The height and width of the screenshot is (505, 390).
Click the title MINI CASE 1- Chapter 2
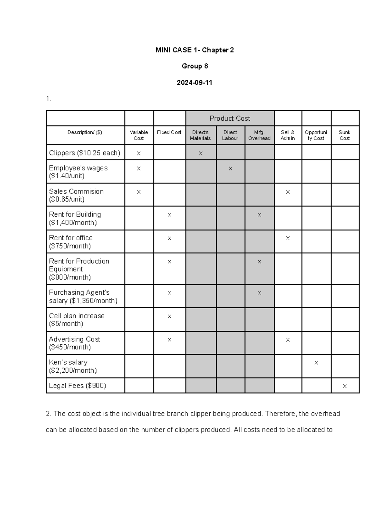click(x=194, y=50)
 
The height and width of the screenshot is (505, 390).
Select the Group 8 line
click(x=195, y=66)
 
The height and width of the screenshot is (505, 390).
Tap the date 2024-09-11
click(x=194, y=83)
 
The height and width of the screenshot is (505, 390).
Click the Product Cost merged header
click(x=230, y=118)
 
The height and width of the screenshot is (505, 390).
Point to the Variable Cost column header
click(x=139, y=135)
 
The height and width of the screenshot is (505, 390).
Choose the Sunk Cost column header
click(x=344, y=135)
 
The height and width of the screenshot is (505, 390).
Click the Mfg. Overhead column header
click(x=259, y=135)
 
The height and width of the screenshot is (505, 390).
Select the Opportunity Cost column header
click(x=316, y=135)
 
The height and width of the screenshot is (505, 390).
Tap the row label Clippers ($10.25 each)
click(x=84, y=153)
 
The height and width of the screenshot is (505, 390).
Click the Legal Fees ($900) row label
click(x=77, y=386)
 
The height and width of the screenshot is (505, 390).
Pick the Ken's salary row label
click(x=73, y=366)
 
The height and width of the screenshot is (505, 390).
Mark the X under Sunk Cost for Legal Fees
click(x=344, y=386)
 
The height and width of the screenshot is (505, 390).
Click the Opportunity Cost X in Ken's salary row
click(x=316, y=363)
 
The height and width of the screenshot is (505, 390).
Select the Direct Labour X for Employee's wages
click(x=230, y=168)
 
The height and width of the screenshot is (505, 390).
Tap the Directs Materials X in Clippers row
click(x=201, y=153)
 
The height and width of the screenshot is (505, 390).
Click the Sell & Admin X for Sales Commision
click(x=288, y=192)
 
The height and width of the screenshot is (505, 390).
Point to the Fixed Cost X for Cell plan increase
click(x=169, y=316)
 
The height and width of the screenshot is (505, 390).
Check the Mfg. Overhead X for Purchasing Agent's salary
click(x=259, y=293)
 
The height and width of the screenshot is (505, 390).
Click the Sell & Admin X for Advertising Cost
click(x=288, y=339)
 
